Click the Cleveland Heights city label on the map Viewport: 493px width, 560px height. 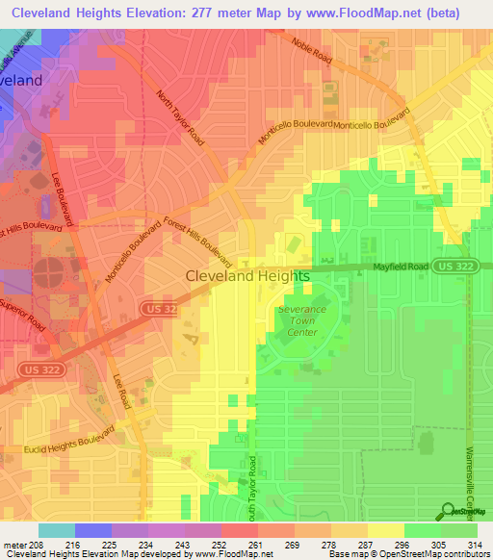pyautogui.click(x=247, y=276)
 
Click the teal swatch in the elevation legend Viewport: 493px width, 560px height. pyautogui.click(x=57, y=530)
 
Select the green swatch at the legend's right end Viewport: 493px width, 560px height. pyautogui.click(x=459, y=530)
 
